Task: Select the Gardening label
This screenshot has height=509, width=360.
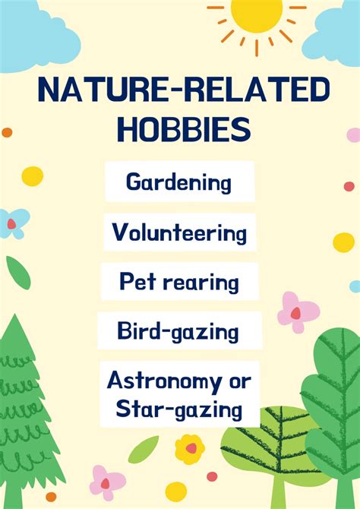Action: point(179,183)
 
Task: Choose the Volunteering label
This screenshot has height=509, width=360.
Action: point(179,232)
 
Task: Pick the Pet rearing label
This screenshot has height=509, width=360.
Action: point(179,283)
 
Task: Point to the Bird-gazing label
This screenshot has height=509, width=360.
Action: point(178,331)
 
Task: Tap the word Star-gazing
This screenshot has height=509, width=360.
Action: point(179,411)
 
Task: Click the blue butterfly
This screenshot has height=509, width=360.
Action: point(13,223)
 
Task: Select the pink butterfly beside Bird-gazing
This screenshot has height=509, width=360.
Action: point(298,311)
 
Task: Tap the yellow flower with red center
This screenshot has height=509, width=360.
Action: point(190,449)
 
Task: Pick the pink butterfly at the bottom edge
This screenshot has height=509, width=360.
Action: point(107,482)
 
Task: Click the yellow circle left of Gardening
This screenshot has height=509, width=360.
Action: point(33,176)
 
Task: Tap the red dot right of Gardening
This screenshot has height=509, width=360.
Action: point(349,186)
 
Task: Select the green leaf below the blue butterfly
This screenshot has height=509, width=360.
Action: point(18,272)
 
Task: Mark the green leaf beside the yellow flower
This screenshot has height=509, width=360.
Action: point(144,449)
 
